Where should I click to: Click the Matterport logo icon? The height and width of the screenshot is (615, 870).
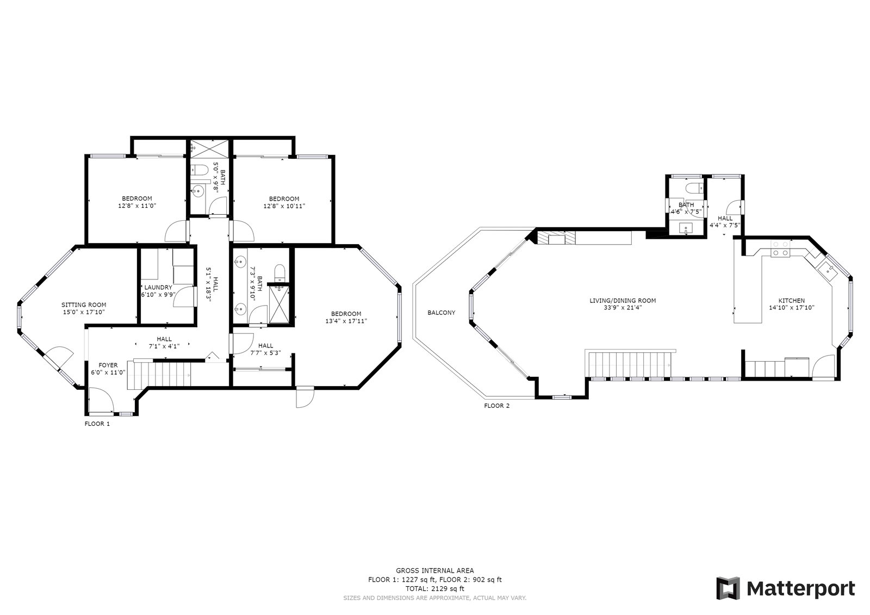(728, 588)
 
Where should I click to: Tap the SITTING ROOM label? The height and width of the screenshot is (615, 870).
(84, 305)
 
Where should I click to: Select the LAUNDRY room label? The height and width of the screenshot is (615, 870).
(158, 288)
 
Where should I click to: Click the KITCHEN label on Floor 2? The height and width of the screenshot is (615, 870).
(792, 301)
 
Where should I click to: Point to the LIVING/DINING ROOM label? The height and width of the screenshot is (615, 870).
(623, 301)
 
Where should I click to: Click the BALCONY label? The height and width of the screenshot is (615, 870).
(441, 312)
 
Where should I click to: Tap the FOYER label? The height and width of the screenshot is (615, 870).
(108, 365)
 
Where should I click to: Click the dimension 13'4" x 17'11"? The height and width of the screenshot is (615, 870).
(346, 321)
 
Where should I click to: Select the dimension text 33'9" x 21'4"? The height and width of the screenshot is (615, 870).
(623, 308)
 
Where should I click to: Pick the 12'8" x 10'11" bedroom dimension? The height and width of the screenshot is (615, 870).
(284, 206)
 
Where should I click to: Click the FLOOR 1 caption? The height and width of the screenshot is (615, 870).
(97, 424)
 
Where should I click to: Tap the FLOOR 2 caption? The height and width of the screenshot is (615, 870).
(496, 406)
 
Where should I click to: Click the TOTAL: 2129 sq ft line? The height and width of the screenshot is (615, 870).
(435, 589)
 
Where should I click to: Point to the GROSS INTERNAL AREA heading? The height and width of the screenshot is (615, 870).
(435, 571)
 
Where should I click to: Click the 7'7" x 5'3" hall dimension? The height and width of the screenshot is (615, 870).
(266, 353)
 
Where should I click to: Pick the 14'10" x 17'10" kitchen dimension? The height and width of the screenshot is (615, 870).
(792, 308)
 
